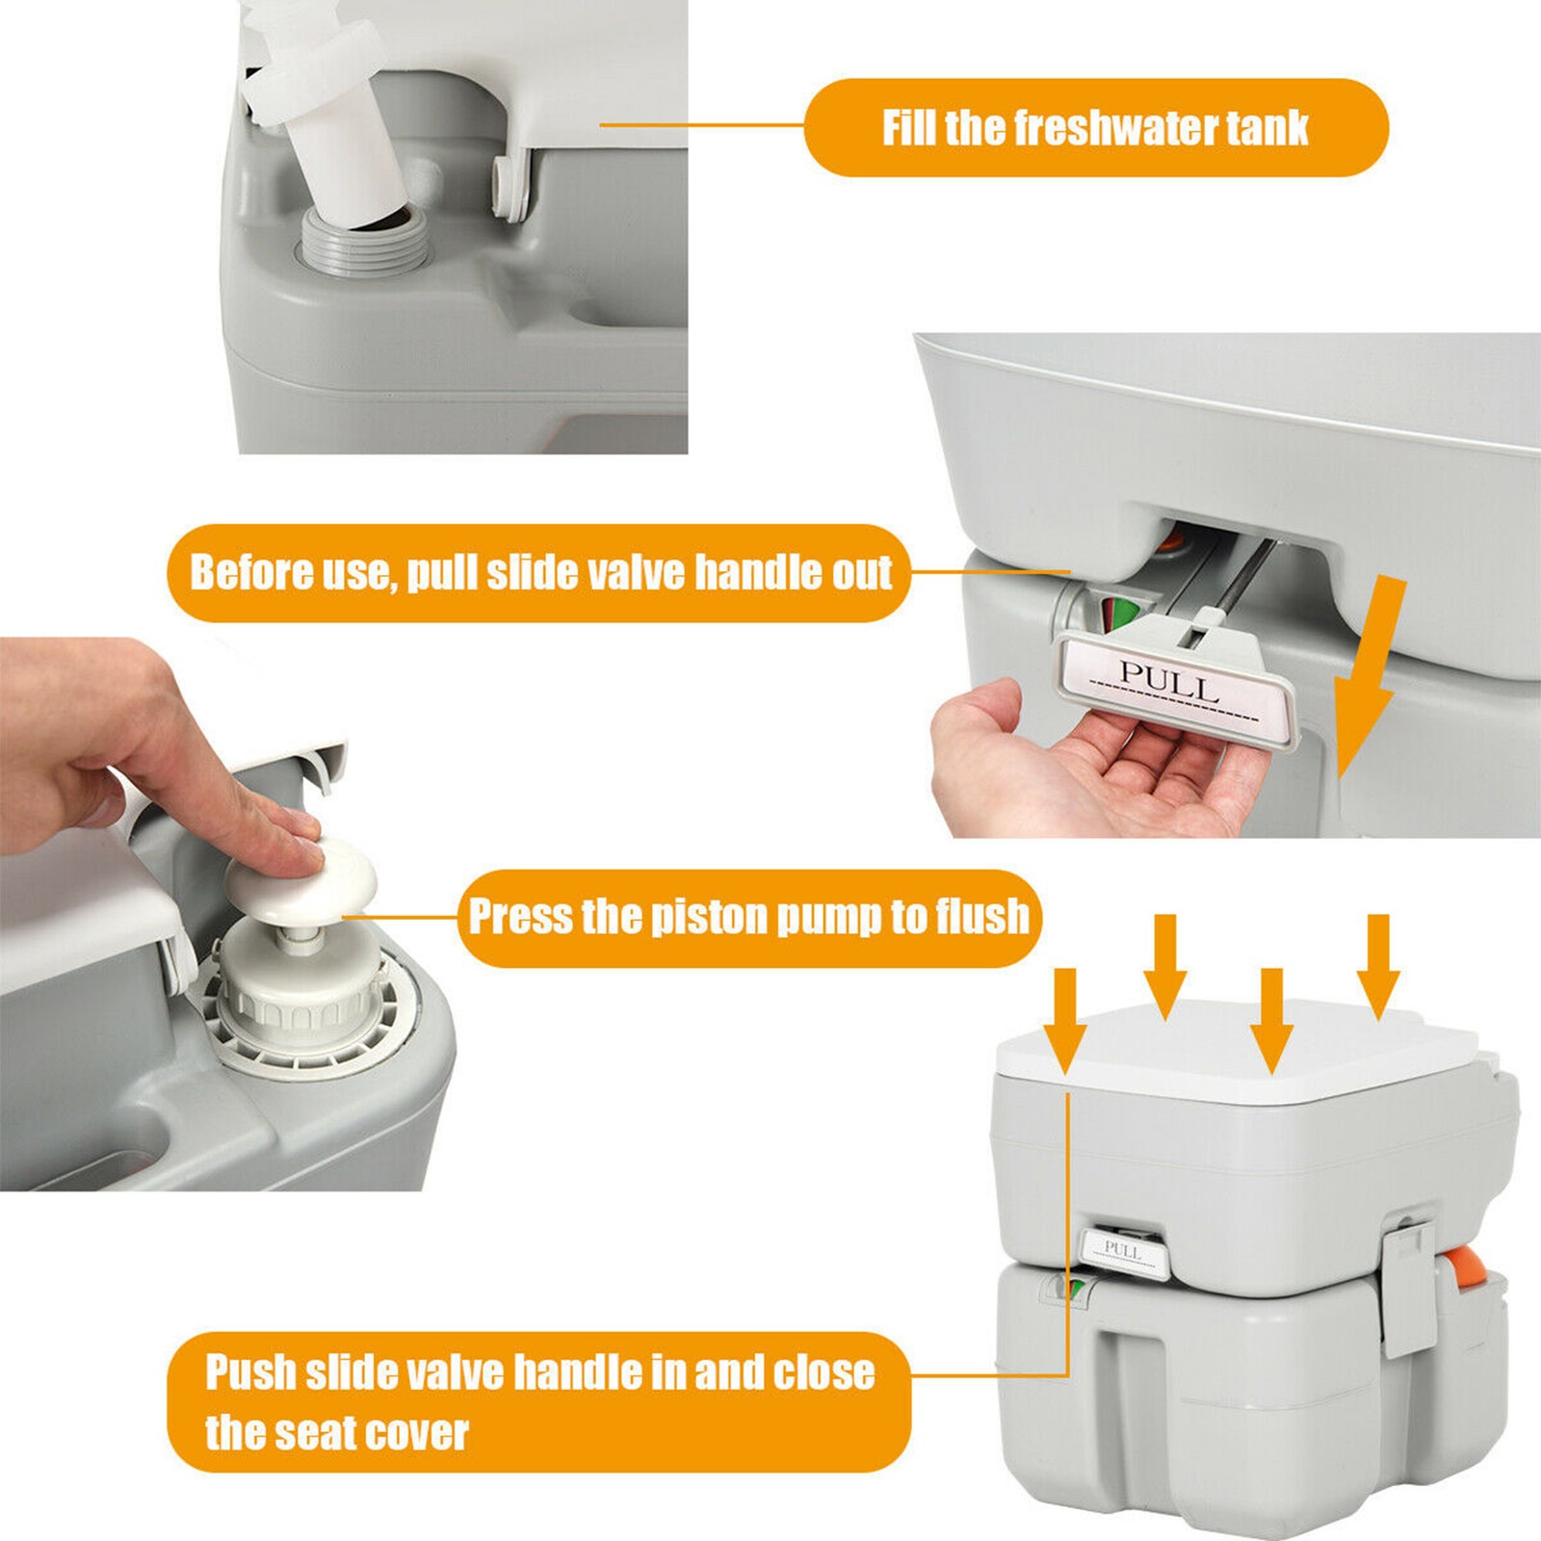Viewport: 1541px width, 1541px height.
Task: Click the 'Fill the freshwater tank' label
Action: (x=1096, y=128)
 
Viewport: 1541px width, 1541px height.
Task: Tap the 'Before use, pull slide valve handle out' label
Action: (x=540, y=573)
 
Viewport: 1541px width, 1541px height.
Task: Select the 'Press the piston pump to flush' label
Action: (x=749, y=917)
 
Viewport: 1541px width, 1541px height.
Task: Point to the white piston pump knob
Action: (x=300, y=876)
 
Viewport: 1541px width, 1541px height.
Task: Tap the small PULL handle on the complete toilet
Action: (x=1125, y=1253)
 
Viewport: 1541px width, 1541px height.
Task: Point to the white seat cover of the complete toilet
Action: (x=1238, y=1055)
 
